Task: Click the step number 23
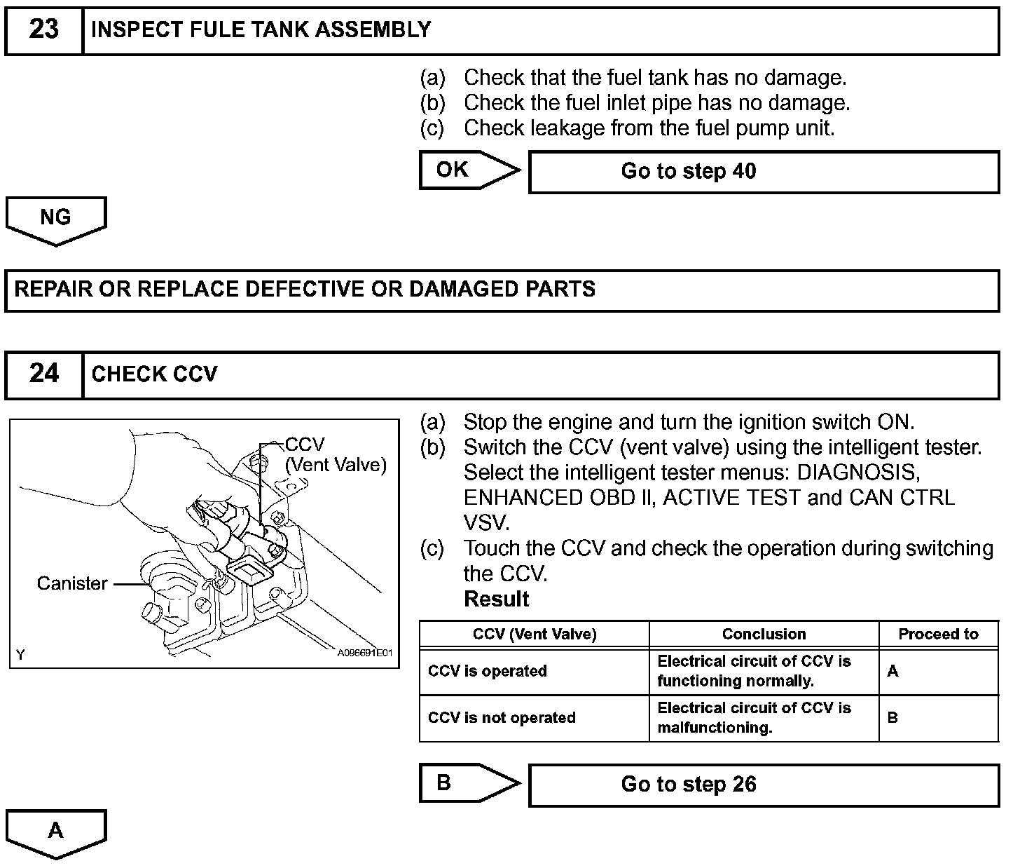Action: (43, 30)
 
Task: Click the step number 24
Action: (43, 374)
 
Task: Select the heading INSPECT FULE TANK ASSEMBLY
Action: (261, 30)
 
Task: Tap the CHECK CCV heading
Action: (154, 374)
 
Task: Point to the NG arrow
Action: (56, 219)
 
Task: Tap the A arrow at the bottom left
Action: (56, 832)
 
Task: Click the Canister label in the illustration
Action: (72, 583)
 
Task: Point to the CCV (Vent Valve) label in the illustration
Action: (335, 455)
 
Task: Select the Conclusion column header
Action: (764, 635)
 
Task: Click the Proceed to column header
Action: (938, 635)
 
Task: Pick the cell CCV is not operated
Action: (502, 718)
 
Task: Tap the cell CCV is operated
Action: (487, 671)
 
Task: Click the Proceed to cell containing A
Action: (892, 672)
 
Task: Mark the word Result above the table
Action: (496, 599)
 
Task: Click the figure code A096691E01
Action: (364, 653)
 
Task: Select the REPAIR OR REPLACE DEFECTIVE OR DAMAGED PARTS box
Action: (502, 290)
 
